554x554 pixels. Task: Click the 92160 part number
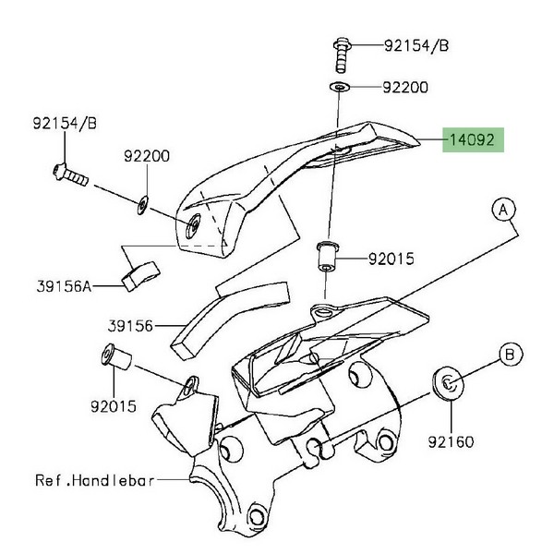[x=451, y=441]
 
